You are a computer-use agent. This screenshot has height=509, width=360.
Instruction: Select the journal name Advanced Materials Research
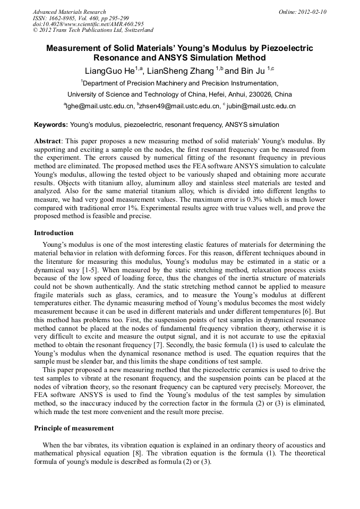[69, 12]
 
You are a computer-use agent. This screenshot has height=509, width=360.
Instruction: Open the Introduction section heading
[54, 233]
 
